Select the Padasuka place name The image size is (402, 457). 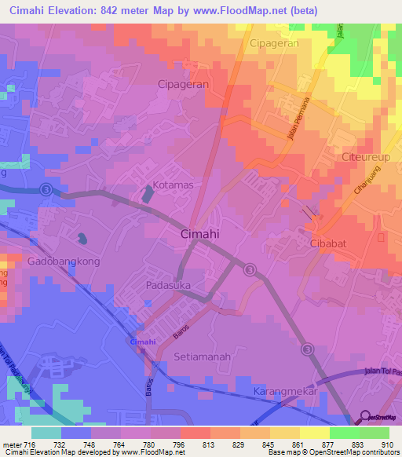[x=168, y=286]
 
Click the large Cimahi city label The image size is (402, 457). [x=199, y=234]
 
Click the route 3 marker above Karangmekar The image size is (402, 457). [x=309, y=349]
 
